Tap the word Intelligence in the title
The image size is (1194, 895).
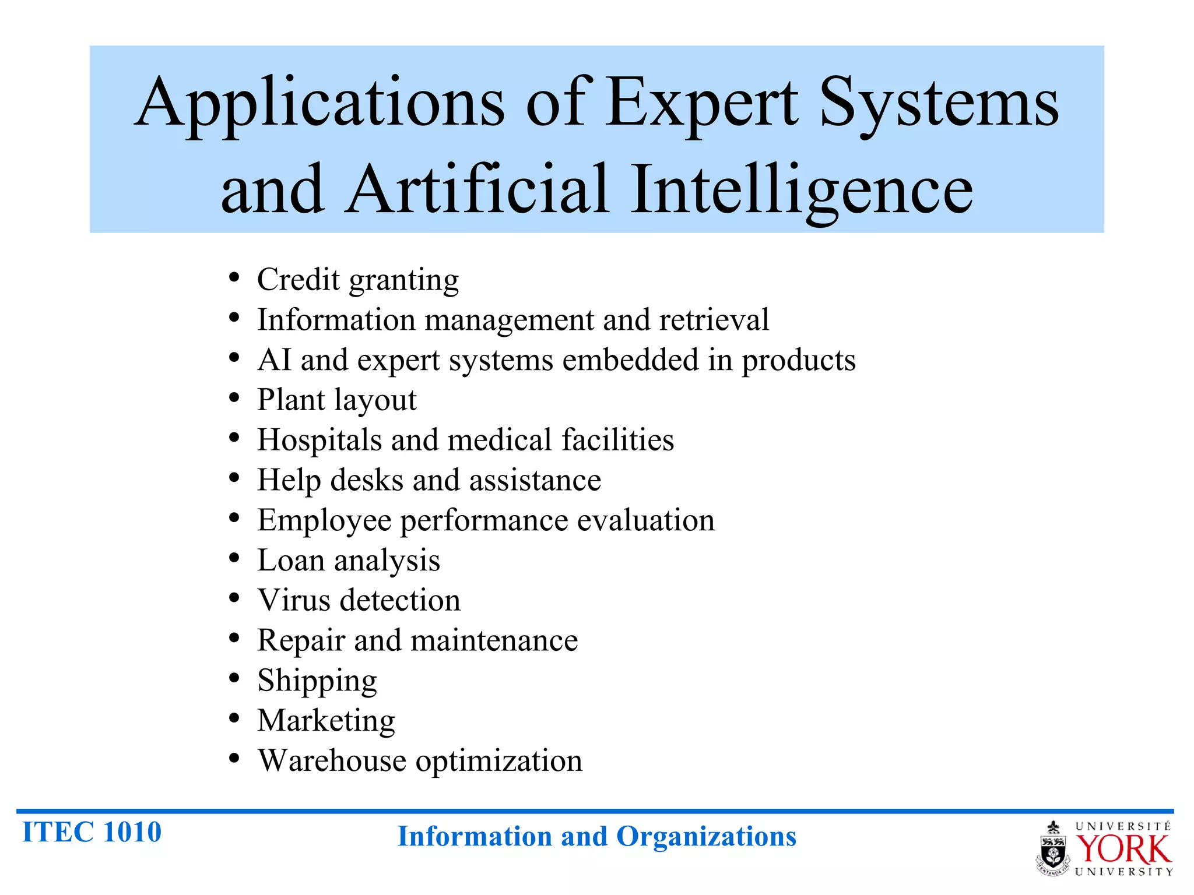coord(802,190)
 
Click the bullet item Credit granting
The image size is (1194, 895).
coord(358,280)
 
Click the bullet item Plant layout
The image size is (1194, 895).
coord(337,400)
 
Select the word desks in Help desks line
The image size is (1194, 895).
coord(367,481)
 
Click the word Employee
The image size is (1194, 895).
coord(324,520)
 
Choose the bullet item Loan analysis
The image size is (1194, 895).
coord(349,561)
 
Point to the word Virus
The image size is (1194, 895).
coord(294,600)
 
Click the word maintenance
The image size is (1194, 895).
coord(494,640)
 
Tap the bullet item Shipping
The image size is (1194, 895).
coord(317,681)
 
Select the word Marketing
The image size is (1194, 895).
coord(326,721)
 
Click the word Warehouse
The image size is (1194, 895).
coord(332,761)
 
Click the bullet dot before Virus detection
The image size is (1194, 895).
coord(234,598)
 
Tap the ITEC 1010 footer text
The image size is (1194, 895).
coord(92,832)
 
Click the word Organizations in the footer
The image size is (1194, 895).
coord(706,837)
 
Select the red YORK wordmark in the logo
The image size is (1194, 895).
coord(1122,850)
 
